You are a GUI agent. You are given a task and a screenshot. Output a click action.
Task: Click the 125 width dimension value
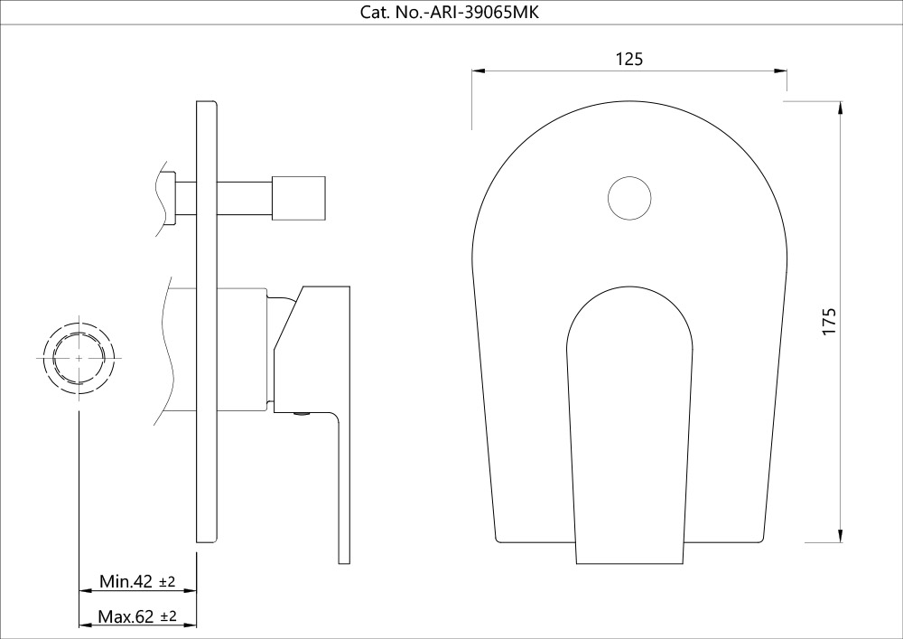628,59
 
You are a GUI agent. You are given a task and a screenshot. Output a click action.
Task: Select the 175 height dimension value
830,322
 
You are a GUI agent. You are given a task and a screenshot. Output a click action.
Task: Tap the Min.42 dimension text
126,581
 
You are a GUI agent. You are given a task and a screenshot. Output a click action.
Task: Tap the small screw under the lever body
303,415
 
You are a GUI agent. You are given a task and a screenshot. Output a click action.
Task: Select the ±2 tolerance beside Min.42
167,582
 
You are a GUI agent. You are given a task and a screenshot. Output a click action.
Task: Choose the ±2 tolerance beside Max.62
168,617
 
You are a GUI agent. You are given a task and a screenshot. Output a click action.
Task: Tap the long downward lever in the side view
343,488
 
